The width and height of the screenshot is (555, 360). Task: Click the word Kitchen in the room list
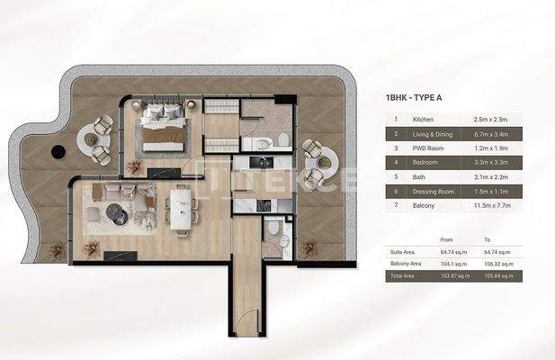click(424, 119)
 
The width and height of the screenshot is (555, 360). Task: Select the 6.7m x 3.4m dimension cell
click(490, 133)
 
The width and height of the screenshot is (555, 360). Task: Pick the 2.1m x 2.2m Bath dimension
click(490, 176)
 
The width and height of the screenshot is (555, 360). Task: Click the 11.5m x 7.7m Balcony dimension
click(491, 206)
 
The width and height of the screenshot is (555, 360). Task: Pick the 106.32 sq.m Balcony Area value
click(499, 264)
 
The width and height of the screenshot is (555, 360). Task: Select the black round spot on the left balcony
click(58, 150)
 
